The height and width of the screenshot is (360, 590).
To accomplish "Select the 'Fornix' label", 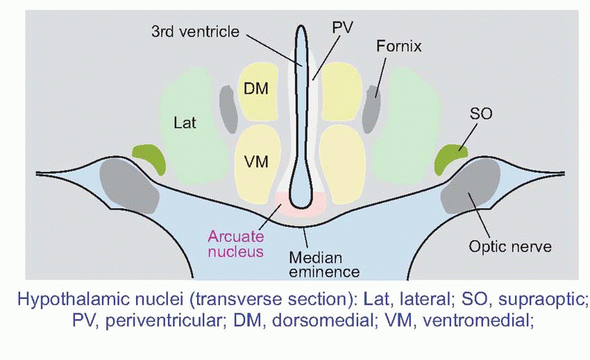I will (x=399, y=47).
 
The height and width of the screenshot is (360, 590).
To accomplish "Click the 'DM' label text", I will (x=256, y=89).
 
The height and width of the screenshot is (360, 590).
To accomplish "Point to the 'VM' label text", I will (x=256, y=160).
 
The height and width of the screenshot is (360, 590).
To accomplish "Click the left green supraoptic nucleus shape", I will (x=149, y=157).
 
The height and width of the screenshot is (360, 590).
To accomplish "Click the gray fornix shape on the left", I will (x=228, y=109).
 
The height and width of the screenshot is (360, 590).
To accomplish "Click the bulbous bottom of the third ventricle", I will (x=301, y=190).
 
